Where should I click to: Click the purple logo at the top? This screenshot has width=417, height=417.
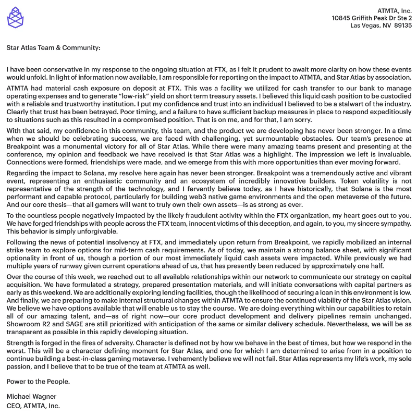15,17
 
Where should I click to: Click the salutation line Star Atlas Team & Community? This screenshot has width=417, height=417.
53,48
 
